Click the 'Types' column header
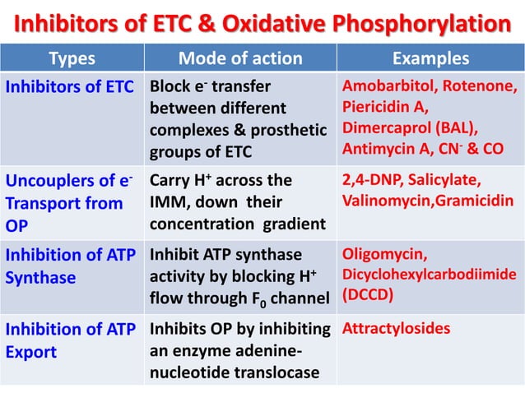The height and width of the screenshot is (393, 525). [72, 58]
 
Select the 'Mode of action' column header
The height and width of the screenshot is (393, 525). [240, 58]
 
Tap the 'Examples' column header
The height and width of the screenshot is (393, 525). [430, 58]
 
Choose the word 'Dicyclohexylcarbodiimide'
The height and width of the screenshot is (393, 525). [430, 272]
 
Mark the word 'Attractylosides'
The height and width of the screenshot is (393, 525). [397, 330]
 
